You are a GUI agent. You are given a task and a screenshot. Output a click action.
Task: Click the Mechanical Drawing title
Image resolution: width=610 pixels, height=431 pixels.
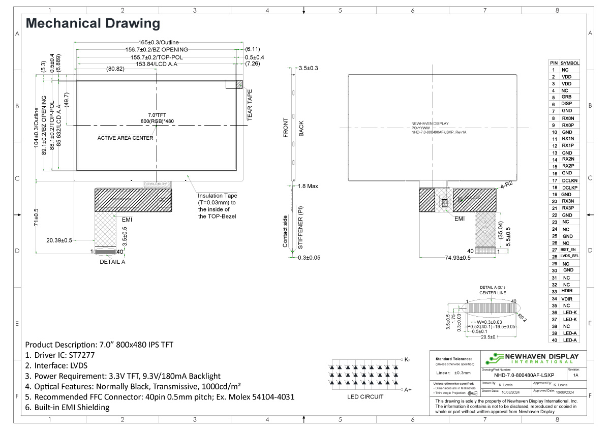tap(93, 23)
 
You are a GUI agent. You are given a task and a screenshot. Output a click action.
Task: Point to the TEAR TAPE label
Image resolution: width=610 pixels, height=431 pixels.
tap(250, 105)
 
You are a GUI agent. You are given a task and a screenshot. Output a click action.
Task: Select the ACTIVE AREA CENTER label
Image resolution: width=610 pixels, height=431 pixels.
tap(125, 138)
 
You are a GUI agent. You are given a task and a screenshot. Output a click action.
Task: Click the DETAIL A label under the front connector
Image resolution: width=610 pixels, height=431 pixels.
tap(112, 262)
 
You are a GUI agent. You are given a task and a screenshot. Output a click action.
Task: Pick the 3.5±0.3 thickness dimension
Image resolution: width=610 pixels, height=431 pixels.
tap(309, 68)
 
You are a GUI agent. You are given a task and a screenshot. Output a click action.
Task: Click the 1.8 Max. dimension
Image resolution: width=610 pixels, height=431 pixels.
tap(309, 187)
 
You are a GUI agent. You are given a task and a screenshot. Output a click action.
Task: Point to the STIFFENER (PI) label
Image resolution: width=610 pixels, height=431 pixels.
tap(301, 227)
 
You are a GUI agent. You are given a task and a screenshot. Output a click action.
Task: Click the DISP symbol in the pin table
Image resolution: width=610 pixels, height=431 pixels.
tap(566, 104)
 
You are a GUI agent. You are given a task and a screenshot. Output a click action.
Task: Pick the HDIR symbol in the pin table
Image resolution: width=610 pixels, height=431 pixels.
tap(567, 291)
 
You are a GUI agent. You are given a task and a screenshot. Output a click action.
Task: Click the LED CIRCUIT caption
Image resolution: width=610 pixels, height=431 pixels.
tap(365, 397)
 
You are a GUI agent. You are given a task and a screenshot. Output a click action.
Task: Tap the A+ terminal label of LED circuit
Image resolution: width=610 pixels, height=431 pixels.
tap(407, 390)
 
